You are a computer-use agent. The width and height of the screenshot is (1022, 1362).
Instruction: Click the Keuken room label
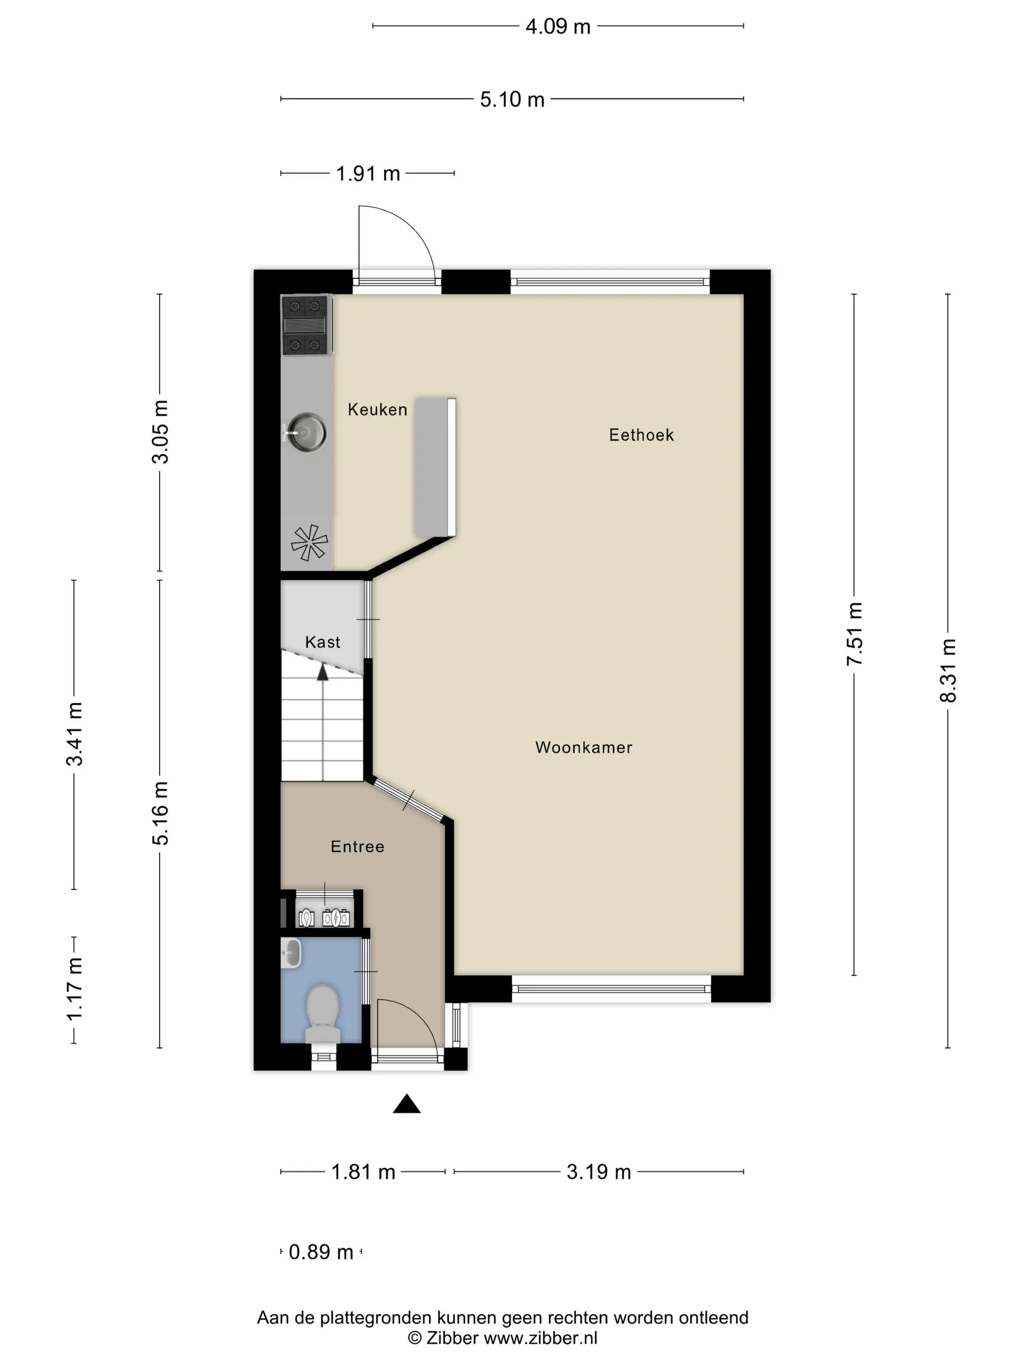(377, 410)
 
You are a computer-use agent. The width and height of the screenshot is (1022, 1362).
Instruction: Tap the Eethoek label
(640, 435)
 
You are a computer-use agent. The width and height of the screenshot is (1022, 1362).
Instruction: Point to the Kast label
(322, 642)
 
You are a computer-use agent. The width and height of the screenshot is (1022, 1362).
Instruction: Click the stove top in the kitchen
(304, 325)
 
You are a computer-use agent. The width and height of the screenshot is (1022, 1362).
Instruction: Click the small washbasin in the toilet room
(292, 952)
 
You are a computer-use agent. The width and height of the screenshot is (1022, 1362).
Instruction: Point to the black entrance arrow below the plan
(406, 1104)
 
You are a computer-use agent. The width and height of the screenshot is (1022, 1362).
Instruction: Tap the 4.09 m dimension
(558, 26)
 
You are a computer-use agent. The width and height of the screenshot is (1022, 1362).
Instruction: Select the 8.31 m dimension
(948, 670)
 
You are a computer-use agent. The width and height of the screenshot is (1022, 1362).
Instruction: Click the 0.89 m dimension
(320, 1252)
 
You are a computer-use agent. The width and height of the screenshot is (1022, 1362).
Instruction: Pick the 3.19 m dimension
(598, 1171)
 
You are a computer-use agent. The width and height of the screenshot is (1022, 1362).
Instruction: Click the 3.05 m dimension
(160, 431)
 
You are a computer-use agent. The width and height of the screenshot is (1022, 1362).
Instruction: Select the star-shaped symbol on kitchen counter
(309, 542)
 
